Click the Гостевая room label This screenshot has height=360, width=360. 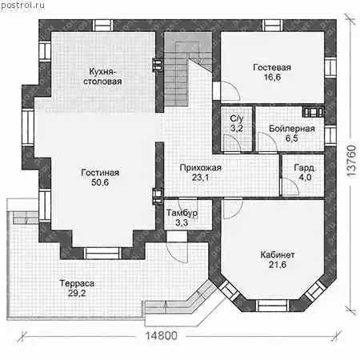click(272, 67)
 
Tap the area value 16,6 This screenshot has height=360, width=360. click(272, 77)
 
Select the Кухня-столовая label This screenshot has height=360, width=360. click(102, 77)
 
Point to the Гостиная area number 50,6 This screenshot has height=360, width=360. click(100, 182)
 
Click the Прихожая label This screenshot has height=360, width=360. click(201, 168)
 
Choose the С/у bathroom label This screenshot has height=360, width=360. click(237, 118)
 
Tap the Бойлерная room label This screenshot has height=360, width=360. click(292, 129)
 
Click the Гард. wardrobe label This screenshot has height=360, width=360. click(305, 168)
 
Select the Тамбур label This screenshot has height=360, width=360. click(182, 213)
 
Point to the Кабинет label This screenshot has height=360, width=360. click(278, 254)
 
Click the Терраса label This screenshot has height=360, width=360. click(77, 283)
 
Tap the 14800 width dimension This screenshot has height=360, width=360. click(162, 336)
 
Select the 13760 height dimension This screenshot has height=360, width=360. click(351, 161)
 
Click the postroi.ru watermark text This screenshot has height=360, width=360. click(22, 5)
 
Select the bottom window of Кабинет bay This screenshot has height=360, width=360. click(273, 306)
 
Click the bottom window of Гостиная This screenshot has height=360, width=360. click(102, 253)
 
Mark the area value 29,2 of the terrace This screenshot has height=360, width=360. click(77, 293)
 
